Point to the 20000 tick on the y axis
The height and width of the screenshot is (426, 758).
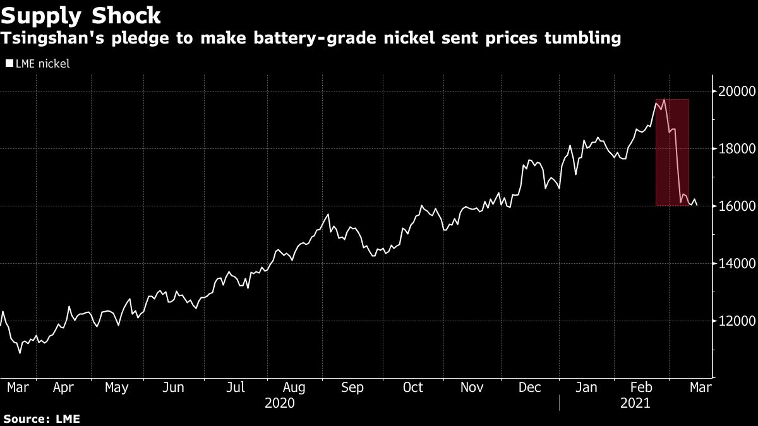pos(735,92)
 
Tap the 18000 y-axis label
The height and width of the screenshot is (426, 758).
pos(735,149)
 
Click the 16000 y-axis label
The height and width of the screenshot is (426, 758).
pos(735,206)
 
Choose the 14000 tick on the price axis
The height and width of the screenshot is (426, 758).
pos(735,264)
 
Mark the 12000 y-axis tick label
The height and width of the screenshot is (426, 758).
pos(735,321)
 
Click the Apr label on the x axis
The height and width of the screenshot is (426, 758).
pos(63,388)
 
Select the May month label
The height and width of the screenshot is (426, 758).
pos(117,388)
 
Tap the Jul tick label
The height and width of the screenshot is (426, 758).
pos(236,388)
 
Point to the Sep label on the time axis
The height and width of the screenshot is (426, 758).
pos(352,388)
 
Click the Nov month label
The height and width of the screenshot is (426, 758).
pos(472,388)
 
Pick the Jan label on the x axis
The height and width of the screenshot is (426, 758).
pos(587,388)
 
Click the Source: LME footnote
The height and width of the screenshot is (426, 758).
pos(41,418)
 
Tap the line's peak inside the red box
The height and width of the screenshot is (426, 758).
pos(664,99)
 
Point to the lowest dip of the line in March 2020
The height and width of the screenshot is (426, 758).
pos(20,353)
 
